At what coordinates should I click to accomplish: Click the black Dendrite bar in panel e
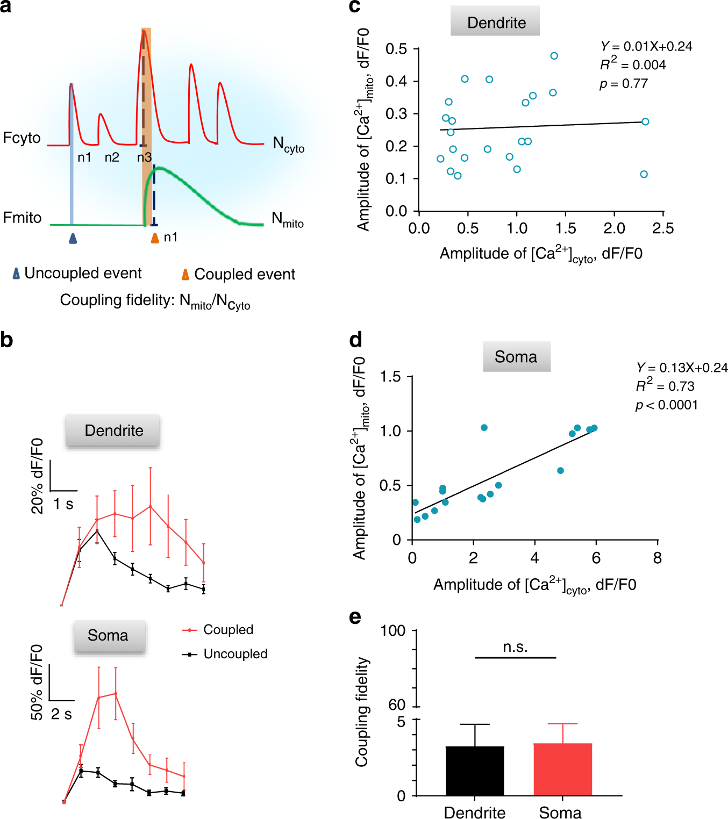click(x=475, y=771)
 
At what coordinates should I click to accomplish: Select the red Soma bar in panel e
click(x=562, y=769)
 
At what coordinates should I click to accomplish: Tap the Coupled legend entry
click(x=228, y=629)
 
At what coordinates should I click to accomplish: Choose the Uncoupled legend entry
click(x=235, y=653)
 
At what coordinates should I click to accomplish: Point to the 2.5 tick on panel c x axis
click(x=662, y=228)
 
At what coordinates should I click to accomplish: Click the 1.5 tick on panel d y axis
click(x=391, y=377)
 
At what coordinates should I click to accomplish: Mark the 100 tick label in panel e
click(x=393, y=630)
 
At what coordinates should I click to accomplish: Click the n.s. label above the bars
click(x=515, y=647)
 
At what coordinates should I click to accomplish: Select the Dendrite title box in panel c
click(x=495, y=22)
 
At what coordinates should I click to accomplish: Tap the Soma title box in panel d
click(x=516, y=356)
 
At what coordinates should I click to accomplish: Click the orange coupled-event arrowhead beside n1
click(x=155, y=238)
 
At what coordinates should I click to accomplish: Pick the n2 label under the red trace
click(x=112, y=157)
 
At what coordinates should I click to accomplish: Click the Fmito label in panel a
click(x=22, y=218)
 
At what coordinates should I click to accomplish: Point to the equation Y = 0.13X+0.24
click(x=681, y=368)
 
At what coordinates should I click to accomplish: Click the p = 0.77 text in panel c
click(x=624, y=84)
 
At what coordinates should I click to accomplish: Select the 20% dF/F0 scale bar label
click(x=37, y=476)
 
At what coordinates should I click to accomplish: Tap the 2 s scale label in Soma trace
click(x=61, y=714)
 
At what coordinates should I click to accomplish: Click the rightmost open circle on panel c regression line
click(x=645, y=121)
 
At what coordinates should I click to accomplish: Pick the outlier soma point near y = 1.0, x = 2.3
click(x=484, y=428)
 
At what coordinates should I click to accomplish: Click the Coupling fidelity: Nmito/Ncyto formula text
click(x=155, y=301)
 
